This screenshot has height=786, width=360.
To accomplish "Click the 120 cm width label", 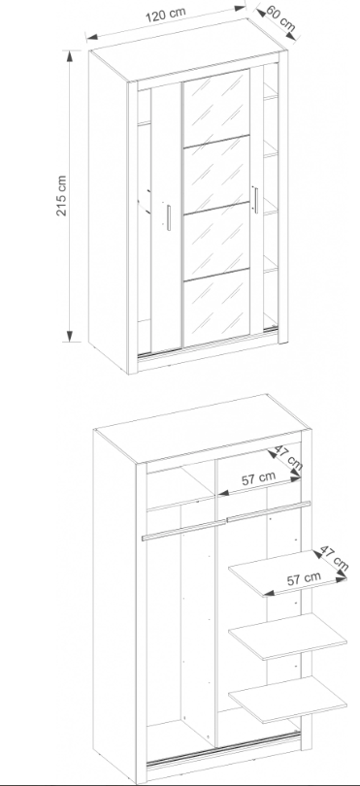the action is [x=166, y=15].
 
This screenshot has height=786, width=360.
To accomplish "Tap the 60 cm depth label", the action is [x=280, y=17].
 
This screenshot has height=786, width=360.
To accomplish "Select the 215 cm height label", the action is [x=61, y=195].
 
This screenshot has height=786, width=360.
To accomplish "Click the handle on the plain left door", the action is [x=169, y=217].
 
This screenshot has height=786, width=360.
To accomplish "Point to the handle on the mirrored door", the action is [x=256, y=200].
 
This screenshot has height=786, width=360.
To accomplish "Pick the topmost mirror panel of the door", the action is [x=216, y=109].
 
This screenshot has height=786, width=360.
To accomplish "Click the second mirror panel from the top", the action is [x=216, y=175].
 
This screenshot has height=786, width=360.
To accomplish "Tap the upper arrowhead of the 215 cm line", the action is [x=70, y=55].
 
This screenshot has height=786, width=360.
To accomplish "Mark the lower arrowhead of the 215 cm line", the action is [x=70, y=336].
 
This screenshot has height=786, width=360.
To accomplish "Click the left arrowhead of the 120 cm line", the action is [x=92, y=36].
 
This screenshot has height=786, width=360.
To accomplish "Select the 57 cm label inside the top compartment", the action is [x=259, y=478].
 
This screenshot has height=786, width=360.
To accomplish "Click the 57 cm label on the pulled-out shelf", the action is [x=304, y=579].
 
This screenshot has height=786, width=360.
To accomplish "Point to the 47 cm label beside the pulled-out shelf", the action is [x=333, y=558].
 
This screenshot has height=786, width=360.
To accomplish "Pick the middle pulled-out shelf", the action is [x=288, y=637].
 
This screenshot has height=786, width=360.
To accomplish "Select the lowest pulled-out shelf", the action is [x=288, y=700].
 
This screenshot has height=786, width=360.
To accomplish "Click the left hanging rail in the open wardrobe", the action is [x=184, y=531].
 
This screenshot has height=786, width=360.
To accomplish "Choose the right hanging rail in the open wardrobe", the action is [x=269, y=511].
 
